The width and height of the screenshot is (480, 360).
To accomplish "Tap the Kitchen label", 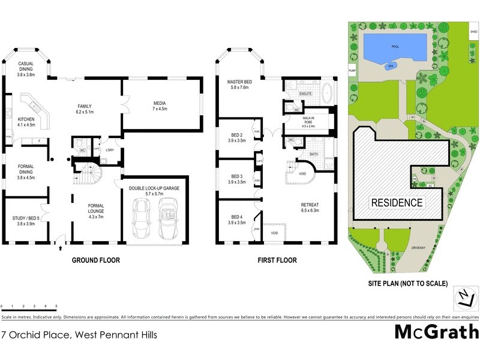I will (x=26, y=122).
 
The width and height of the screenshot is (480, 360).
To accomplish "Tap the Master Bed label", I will (x=238, y=85).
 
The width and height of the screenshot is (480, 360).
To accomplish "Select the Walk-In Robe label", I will (x=312, y=122).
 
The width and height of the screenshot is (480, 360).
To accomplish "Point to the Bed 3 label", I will (x=236, y=179).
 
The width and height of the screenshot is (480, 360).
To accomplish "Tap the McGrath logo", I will (x=436, y=332).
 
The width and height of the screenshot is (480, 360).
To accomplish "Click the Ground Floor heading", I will (x=96, y=260).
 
